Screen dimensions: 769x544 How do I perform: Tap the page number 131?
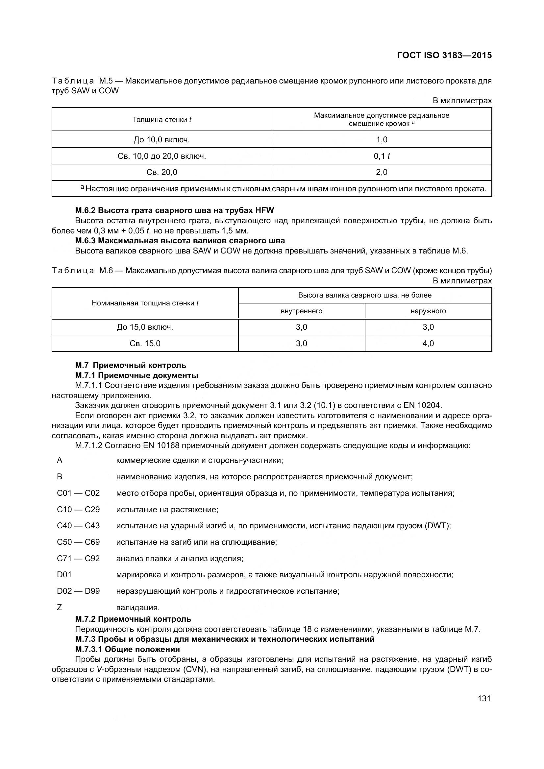tap(484, 698)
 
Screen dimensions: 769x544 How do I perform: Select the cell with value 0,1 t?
tap(382, 156)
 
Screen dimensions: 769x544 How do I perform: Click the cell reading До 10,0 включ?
tap(162, 140)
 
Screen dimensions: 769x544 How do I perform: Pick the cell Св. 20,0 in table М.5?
tap(162, 172)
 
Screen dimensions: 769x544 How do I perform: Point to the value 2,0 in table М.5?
tap(382, 172)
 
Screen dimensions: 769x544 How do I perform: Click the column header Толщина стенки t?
tap(162, 120)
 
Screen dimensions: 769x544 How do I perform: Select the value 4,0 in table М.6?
tap(428, 343)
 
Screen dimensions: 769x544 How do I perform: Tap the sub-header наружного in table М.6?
tap(428, 311)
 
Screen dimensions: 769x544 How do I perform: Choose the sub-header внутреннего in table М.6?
tap(302, 311)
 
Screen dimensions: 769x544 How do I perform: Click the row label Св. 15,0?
tap(145, 343)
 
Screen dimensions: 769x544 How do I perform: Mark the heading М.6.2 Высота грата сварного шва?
tap(174, 210)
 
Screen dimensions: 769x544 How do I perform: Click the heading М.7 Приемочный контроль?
tap(131, 365)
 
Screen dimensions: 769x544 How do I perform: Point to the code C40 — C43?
tap(78, 525)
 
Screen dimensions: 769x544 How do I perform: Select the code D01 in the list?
tap(64, 575)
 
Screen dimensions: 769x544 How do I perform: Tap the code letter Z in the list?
tap(60, 608)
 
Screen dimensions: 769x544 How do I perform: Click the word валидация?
tap(138, 608)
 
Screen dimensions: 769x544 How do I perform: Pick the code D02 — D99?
tap(78, 591)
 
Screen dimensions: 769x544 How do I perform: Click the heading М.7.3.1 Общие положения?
tap(127, 649)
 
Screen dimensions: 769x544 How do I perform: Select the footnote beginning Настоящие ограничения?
tap(285, 189)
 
